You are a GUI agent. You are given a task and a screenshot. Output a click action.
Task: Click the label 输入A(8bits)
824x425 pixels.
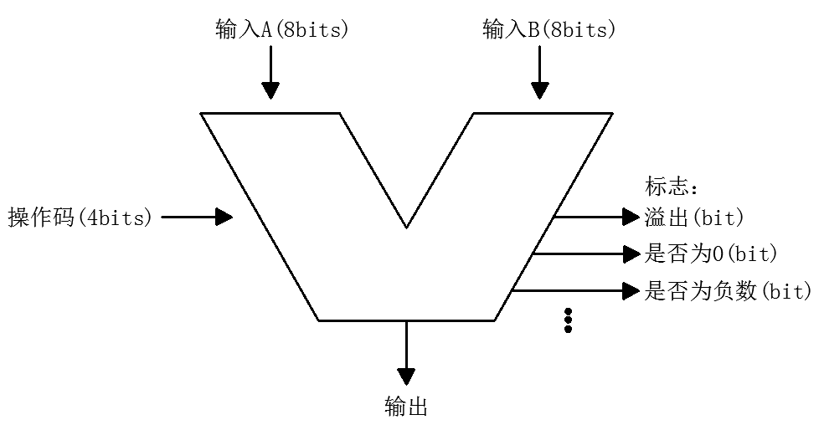[281, 30]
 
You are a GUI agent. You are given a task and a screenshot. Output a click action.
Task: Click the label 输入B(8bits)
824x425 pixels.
[549, 30]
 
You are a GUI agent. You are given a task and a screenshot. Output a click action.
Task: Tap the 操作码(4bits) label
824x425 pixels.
[80, 218]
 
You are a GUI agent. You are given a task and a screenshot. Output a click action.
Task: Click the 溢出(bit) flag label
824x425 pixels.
[695, 218]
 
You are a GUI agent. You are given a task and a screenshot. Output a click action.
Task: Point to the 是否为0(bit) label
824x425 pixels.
[713, 253]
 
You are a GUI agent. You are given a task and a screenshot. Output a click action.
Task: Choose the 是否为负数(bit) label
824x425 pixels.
[729, 291]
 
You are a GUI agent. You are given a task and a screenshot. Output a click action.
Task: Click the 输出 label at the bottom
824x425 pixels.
[406, 407]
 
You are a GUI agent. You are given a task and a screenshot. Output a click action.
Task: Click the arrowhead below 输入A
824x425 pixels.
[270, 90]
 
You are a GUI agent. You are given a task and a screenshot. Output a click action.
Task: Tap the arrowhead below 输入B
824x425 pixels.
[540, 90]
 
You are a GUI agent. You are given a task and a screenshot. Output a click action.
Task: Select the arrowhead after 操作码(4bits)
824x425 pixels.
[224, 218]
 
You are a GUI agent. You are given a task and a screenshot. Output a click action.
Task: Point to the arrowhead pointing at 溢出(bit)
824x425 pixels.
[631, 218]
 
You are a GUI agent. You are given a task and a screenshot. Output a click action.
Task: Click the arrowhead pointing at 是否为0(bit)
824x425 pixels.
[631, 253]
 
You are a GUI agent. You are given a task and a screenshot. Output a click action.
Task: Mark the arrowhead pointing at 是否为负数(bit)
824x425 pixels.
[631, 291]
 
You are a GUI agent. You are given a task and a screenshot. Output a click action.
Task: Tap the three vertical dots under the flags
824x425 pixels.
[568, 320]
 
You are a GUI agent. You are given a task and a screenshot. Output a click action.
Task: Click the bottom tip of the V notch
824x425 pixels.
[407, 226]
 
